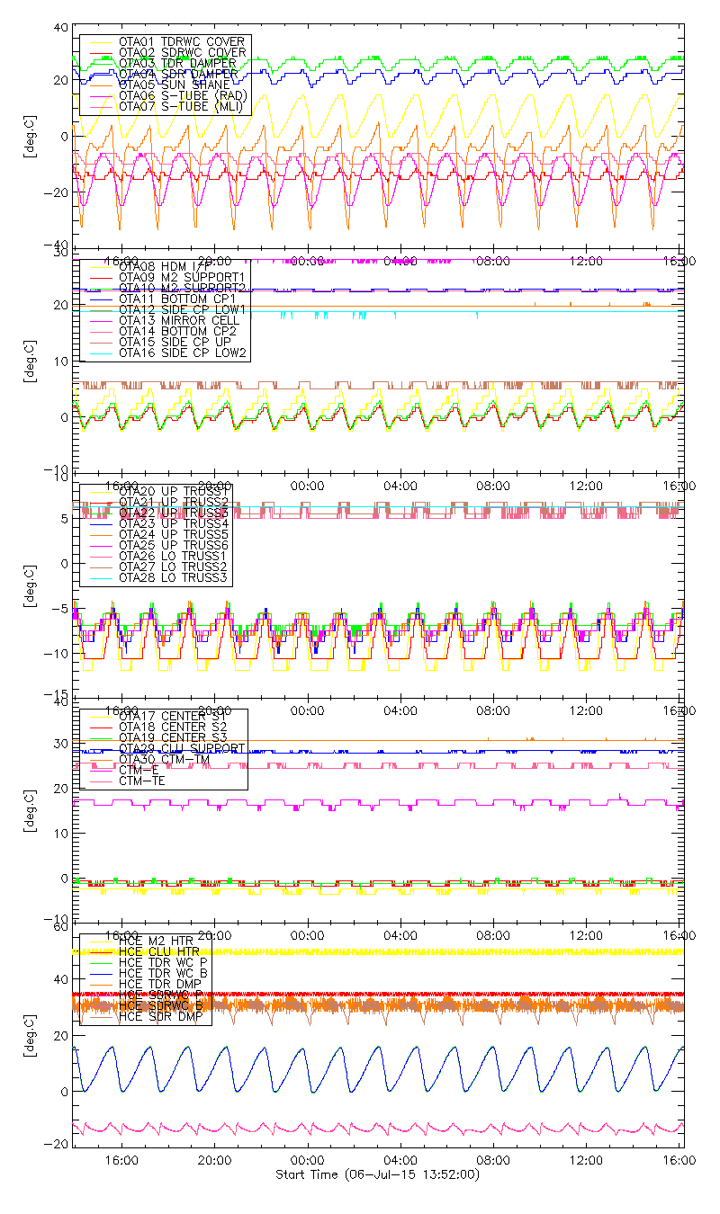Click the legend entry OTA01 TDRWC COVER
(181, 41)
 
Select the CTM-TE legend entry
(143, 781)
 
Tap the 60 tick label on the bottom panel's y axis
(61, 926)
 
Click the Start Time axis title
(377, 1175)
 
